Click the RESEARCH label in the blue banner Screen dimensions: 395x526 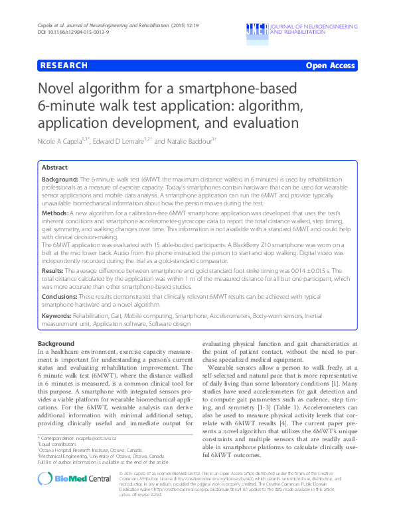[x=64, y=66]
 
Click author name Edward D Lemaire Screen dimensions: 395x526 [x=121, y=140]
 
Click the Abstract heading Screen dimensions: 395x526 [x=55, y=168]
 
